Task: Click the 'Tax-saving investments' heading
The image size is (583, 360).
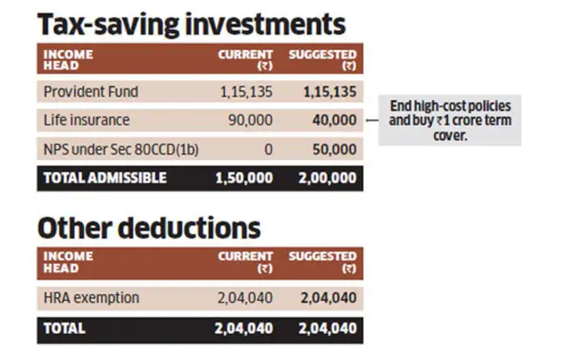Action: pyautogui.click(x=191, y=23)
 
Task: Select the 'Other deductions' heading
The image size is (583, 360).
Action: pyautogui.click(x=148, y=227)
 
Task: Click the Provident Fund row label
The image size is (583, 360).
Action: pyautogui.click(x=91, y=92)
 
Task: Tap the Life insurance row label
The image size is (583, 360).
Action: pyautogui.click(x=87, y=120)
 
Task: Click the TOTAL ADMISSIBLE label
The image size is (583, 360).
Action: pyautogui.click(x=105, y=177)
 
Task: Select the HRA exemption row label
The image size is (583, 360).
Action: pyautogui.click(x=92, y=297)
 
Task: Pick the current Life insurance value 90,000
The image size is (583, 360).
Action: pyautogui.click(x=250, y=120)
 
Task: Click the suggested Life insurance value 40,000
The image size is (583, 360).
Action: pyautogui.click(x=334, y=120)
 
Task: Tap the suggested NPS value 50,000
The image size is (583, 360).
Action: pyautogui.click(x=334, y=148)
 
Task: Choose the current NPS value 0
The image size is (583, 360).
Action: pyautogui.click(x=267, y=148)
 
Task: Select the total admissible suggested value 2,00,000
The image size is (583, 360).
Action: pyautogui.click(x=327, y=177)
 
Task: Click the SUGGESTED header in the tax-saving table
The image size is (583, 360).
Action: pyautogui.click(x=322, y=59)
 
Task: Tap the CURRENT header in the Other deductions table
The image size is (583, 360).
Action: pyautogui.click(x=246, y=262)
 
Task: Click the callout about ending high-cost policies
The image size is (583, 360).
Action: pyautogui.click(x=451, y=121)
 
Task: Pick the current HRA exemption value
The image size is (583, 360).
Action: pyautogui.click(x=245, y=297)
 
